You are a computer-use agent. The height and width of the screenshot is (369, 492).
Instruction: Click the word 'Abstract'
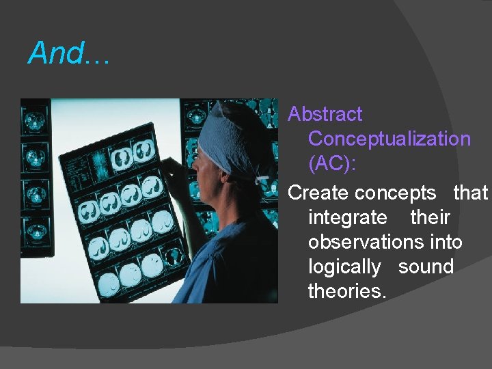point(325,114)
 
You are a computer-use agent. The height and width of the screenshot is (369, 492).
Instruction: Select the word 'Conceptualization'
point(389,139)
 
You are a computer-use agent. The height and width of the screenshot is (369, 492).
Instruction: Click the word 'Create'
point(318,193)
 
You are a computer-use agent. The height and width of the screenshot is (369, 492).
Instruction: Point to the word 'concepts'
point(395,193)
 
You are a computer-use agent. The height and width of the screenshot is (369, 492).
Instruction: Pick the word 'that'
point(470,193)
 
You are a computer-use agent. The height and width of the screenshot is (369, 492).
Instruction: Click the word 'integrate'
point(347,218)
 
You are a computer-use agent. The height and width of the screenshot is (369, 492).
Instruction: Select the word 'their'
point(430,218)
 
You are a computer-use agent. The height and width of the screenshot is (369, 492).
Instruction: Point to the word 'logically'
point(344,267)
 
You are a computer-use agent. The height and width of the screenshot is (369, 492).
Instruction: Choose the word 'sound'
point(426,267)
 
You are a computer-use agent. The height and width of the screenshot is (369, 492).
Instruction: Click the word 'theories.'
point(347,292)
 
